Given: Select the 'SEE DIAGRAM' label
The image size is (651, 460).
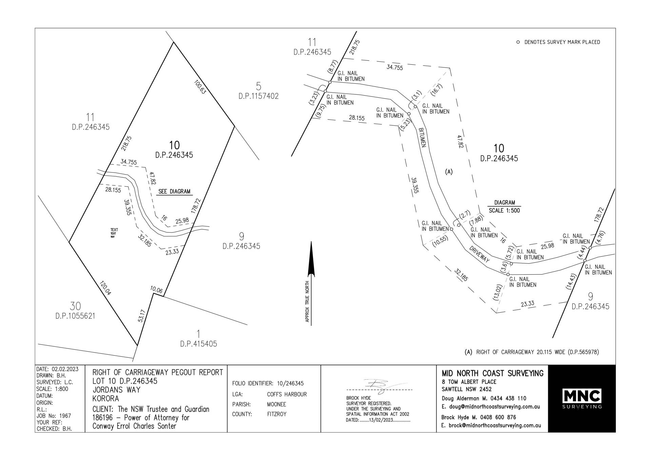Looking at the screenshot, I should click(174, 192).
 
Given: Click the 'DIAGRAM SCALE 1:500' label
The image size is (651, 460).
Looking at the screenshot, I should click(504, 206).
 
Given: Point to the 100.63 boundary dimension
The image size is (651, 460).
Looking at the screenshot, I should click(200, 87).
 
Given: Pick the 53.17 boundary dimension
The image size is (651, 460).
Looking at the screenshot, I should click(142, 316).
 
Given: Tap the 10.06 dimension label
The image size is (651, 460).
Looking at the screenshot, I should click(156, 290).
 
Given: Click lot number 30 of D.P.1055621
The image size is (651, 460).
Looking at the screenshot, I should click(75, 306).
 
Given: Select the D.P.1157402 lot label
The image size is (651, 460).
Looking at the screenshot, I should click(258, 96).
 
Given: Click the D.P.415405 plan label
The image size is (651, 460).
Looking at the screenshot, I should click(199, 344).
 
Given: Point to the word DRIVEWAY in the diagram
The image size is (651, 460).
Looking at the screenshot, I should click(479, 254).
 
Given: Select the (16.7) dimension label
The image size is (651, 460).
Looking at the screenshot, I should click(437, 91).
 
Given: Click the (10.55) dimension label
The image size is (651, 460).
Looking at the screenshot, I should click(440, 241).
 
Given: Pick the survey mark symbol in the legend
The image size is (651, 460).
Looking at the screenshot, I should click(518, 42).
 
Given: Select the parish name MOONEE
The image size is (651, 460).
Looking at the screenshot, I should click(276, 404).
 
